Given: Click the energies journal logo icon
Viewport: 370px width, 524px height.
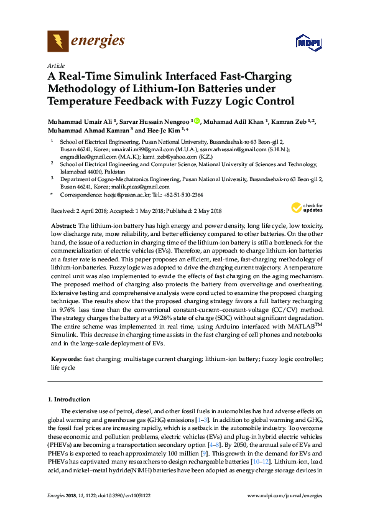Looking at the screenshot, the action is (58, 41).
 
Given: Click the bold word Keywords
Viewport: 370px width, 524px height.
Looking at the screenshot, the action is (65, 360).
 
